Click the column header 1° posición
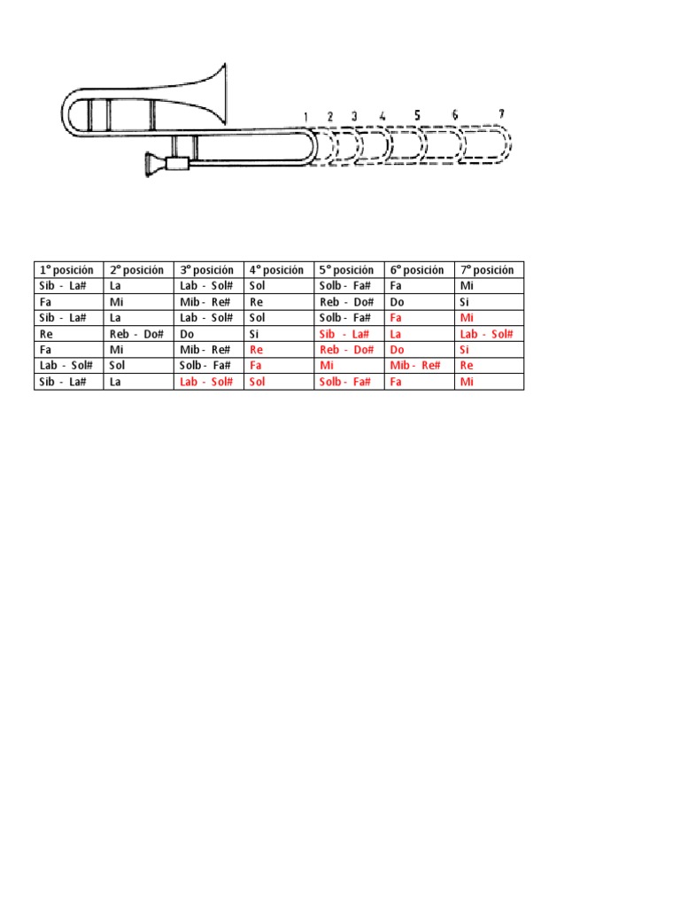pos(66,270)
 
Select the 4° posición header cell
pos(276,270)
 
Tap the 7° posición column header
pos(487,270)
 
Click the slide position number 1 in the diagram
pos(305,117)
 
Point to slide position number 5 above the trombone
pos(416,114)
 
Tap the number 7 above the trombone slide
pos(501,113)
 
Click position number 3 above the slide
pos(354,116)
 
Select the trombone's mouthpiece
pos(157,164)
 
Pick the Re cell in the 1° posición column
pos(47,334)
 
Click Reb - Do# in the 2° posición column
pos(136,334)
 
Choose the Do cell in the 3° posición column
pos(187,334)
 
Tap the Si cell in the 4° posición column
pos(255,334)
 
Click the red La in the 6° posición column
pos(396,334)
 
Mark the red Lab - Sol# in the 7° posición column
pos(486,334)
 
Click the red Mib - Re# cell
pos(415,366)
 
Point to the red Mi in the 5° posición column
pos(327,366)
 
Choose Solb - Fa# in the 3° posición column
pos(205,366)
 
